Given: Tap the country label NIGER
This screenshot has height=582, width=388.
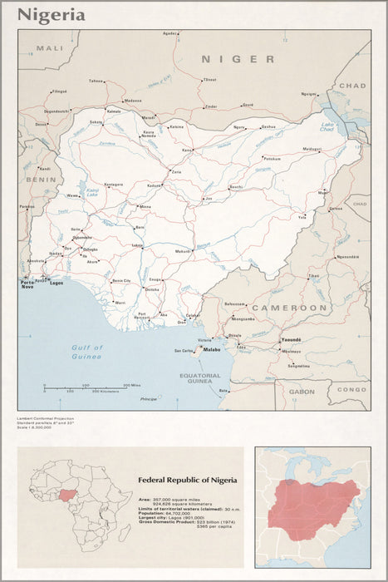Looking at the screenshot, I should pos(238,59).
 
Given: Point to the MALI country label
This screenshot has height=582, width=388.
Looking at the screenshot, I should pos(56,49).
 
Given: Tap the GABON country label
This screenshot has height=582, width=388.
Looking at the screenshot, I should pos(302,391).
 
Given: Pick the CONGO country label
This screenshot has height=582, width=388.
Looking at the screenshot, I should pos(351,389).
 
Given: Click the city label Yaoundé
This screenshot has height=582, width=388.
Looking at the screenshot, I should pos(290,340).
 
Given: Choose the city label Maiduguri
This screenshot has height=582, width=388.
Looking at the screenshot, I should pos(312,149).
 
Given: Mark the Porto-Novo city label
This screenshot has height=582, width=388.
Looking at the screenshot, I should pos(27,284).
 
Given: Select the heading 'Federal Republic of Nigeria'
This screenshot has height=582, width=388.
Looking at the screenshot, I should pos(188,480).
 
